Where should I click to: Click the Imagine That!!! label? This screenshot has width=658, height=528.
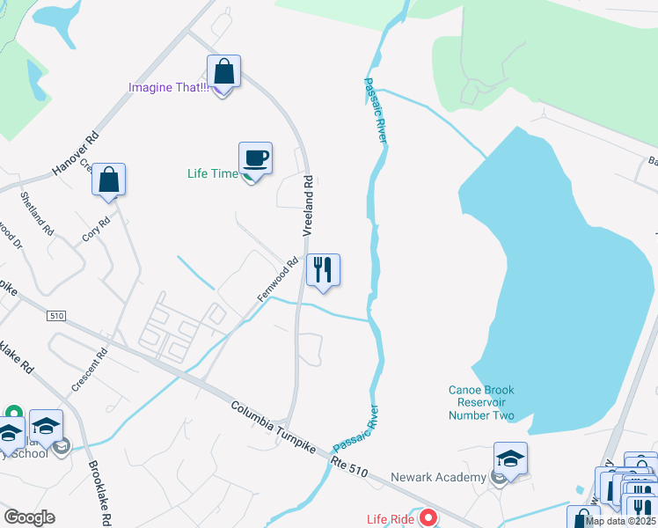click(x=168, y=87)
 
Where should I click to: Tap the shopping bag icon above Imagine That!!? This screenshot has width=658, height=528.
click(x=223, y=71)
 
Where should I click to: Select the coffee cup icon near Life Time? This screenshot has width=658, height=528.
click(x=255, y=158)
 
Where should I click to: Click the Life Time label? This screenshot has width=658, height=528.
click(x=212, y=173)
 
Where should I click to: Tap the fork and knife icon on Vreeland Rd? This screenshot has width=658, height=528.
click(x=323, y=270)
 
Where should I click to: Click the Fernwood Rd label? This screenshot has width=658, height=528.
click(x=278, y=279)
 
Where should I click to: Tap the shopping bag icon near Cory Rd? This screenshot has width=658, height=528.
click(x=109, y=180)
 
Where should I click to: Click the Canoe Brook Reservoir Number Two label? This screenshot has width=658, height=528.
click(x=480, y=403)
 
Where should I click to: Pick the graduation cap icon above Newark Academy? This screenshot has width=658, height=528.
click(x=510, y=458)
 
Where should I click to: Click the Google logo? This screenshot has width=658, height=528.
click(x=29, y=517)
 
